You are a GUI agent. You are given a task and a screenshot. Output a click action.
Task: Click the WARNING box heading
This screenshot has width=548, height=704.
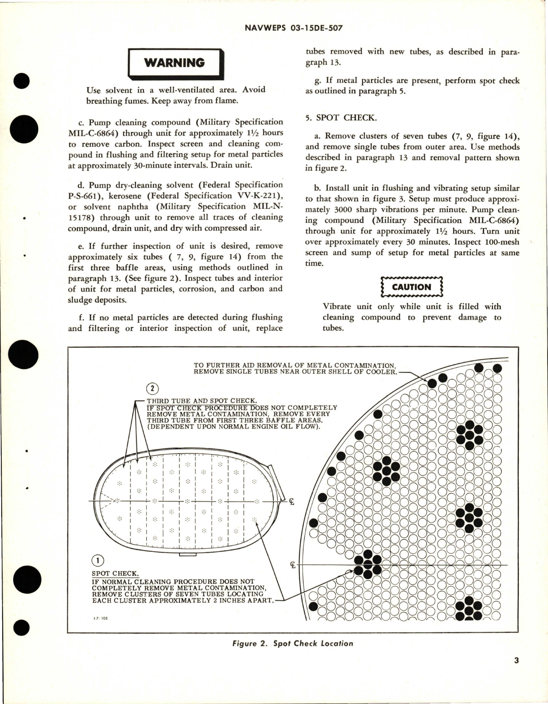tap(175, 63)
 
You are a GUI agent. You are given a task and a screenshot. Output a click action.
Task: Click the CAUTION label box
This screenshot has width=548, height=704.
tap(411, 287)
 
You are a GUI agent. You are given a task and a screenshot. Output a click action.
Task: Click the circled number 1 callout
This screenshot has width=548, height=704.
tap(98, 560)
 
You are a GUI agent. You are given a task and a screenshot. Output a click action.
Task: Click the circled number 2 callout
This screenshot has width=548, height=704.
tap(152, 389)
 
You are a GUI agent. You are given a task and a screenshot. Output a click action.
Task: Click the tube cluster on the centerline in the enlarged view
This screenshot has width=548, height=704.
tap(367, 565)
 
